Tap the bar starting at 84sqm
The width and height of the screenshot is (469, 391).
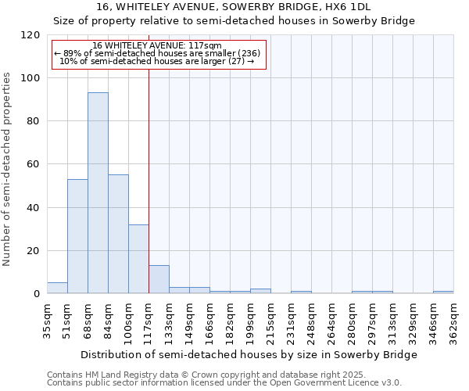click(118, 234)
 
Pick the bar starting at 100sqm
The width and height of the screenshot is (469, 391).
click(138, 259)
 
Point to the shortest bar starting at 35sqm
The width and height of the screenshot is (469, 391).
click(57, 288)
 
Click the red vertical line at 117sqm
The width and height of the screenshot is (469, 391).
click(149, 172)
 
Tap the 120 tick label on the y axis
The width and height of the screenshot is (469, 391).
click(30, 35)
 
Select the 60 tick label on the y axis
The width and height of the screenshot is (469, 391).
click(34, 165)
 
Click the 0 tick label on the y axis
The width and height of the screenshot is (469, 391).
click(37, 294)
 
